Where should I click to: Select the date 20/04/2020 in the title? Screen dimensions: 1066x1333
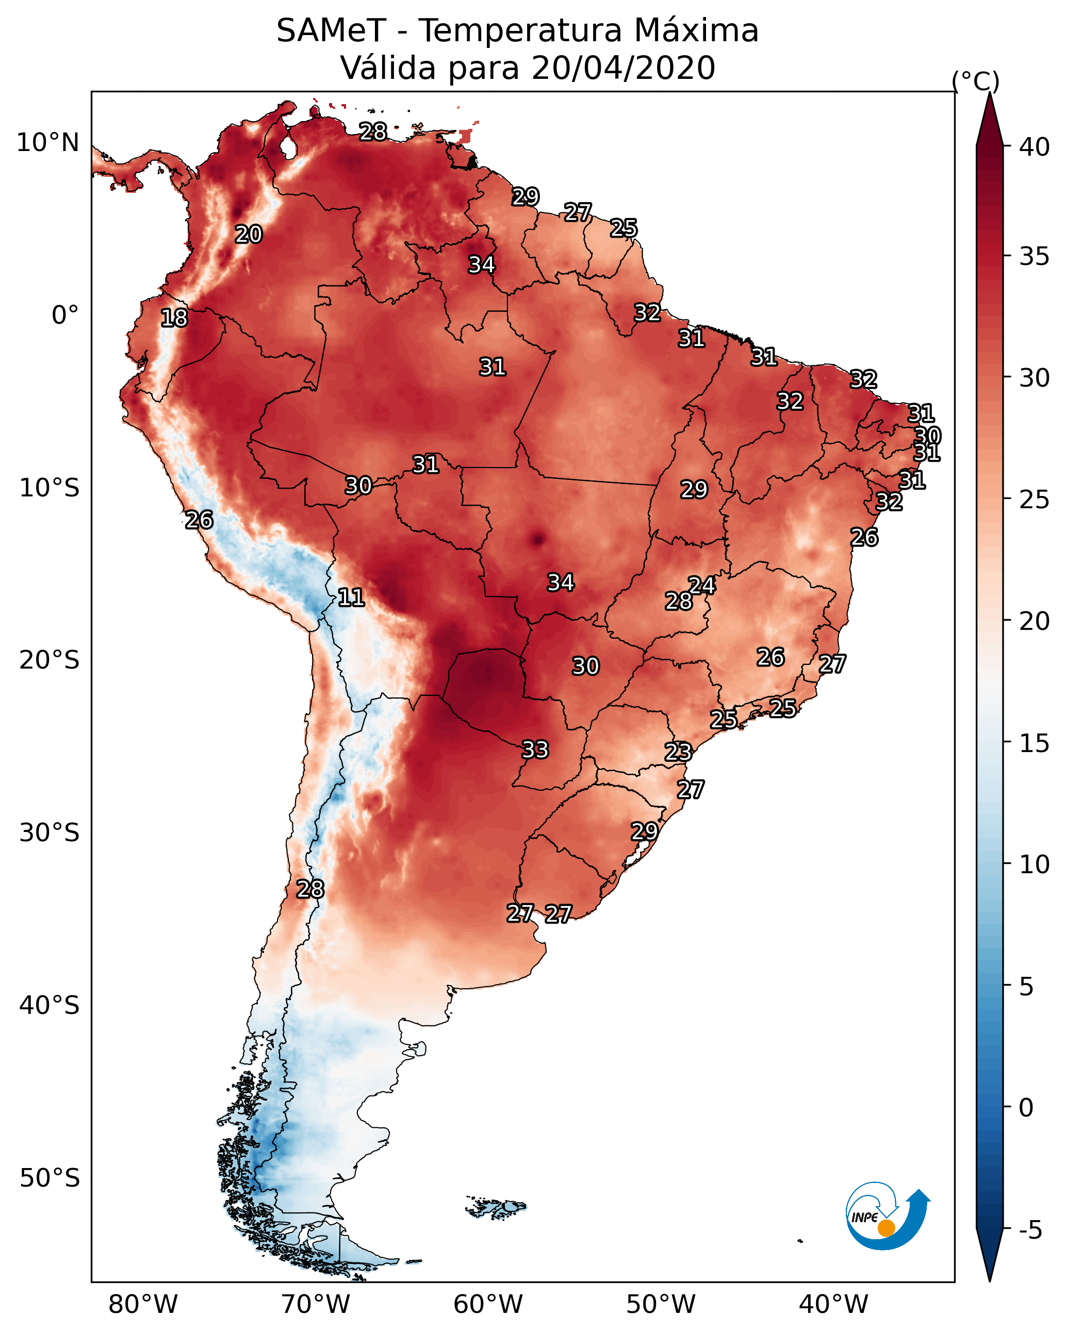pos(623,68)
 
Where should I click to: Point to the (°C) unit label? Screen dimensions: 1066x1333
pos(975,81)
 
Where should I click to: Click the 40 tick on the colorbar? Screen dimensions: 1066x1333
pos(1035,147)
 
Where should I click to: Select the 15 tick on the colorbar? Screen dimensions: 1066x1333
pos(1035,743)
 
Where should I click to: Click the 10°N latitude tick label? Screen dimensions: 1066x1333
pos(47,143)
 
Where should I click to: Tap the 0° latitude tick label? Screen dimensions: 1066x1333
pos(65,315)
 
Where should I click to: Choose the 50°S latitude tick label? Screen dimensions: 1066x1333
pos(50,1178)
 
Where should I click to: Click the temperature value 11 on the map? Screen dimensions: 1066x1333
pos(351,597)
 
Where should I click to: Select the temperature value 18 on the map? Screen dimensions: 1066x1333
pos(174,318)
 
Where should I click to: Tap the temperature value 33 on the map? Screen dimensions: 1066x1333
pos(535,749)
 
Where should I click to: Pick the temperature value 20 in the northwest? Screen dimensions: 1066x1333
pos(248,234)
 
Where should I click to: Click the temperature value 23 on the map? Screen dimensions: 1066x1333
pos(678,752)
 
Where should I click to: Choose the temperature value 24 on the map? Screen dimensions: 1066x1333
pos(702,585)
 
